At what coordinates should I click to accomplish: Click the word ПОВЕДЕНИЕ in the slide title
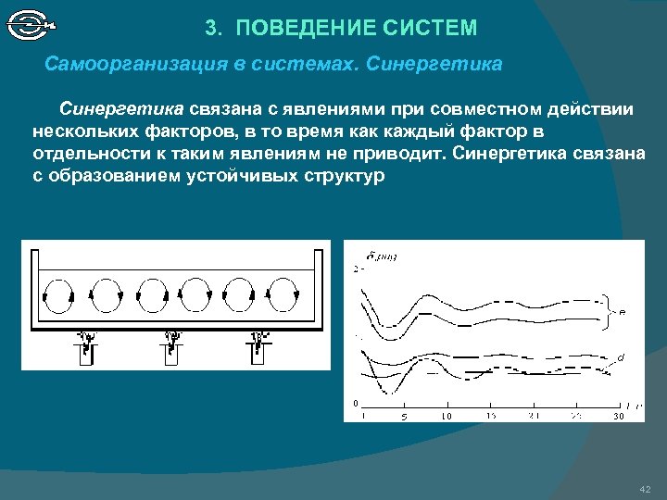pos(298,29)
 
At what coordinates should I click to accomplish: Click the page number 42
pos(646,488)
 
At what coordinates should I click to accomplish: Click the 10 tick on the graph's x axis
pos(447,417)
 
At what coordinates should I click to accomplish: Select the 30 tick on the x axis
pos(618,417)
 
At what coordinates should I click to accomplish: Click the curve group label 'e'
pos(622,312)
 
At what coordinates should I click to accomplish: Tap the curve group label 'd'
pos(620,357)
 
